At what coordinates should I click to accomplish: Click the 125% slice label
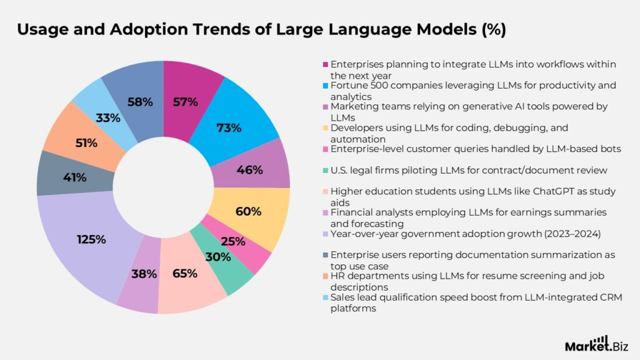click(x=91, y=239)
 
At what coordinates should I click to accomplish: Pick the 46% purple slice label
click(x=250, y=169)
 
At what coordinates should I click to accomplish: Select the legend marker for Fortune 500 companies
click(x=326, y=86)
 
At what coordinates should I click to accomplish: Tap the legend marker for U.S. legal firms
click(x=326, y=171)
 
